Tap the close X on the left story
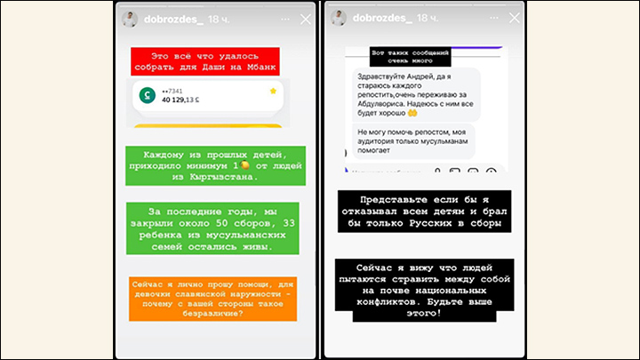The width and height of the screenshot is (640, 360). [305, 20]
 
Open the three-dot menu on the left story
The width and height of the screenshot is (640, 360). [282, 20]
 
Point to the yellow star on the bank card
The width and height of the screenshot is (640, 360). [272, 91]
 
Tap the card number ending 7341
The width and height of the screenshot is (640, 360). [172, 90]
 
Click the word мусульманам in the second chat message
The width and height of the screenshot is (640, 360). [439, 143]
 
